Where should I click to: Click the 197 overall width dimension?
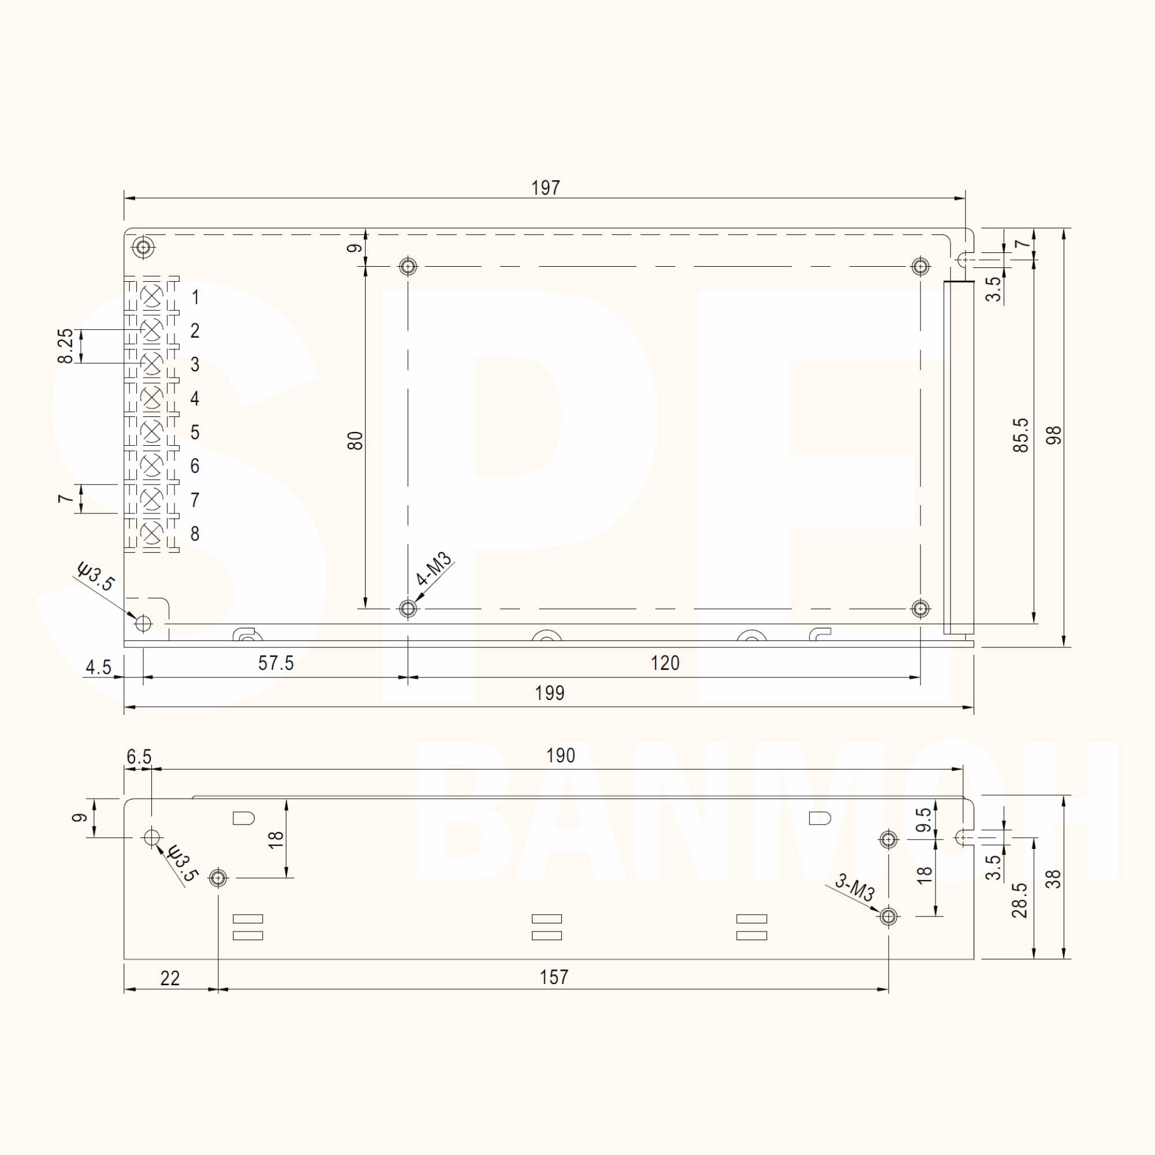pyautogui.click(x=545, y=188)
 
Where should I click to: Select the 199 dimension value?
pyautogui.click(x=549, y=693)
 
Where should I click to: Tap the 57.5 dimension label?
pyautogui.click(x=275, y=663)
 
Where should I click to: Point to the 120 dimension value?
pyautogui.click(x=665, y=663)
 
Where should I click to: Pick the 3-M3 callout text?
pyautogui.click(x=855, y=887)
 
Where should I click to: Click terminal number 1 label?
pyautogui.click(x=195, y=297)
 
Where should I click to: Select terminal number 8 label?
pyautogui.click(x=195, y=534)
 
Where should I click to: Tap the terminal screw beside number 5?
pyautogui.click(x=152, y=431)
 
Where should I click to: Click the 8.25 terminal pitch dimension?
pyautogui.click(x=65, y=345)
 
